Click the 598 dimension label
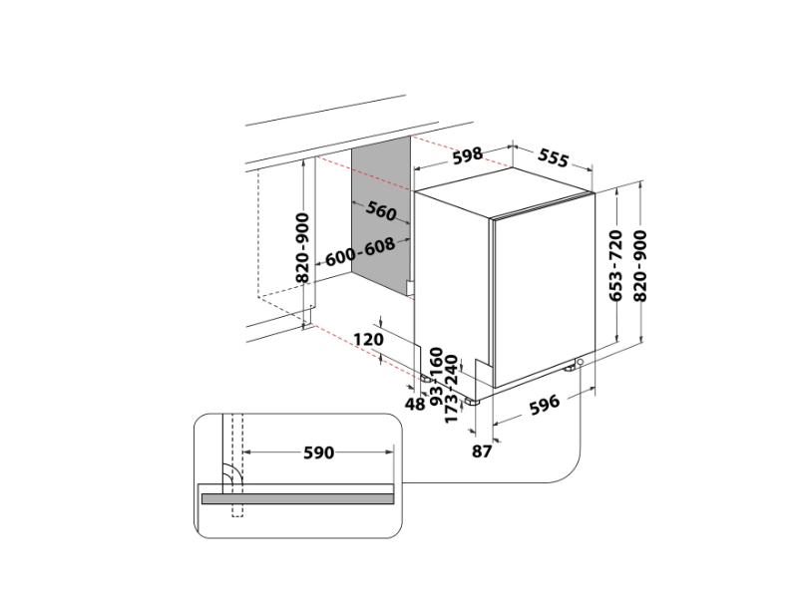468,154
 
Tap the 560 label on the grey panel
380,211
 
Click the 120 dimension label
369,339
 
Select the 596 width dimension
544,404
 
